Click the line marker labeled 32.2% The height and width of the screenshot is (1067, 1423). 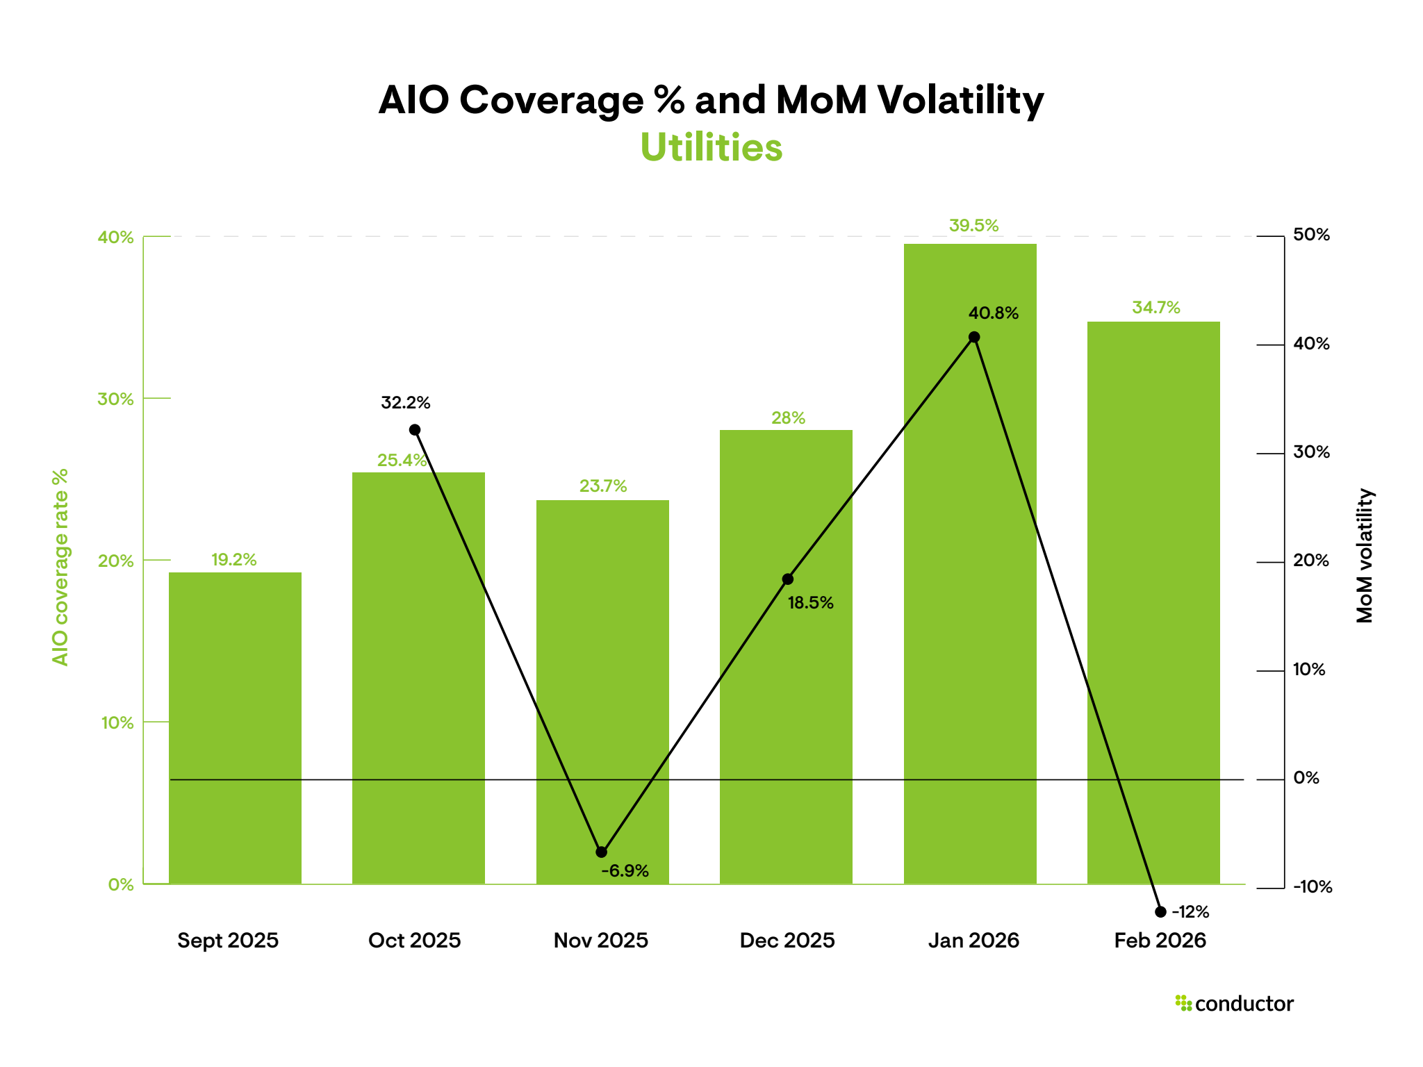(415, 430)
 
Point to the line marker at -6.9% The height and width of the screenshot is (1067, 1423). (602, 852)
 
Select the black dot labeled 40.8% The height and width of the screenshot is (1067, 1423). (974, 338)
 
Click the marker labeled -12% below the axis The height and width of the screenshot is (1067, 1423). (1160, 912)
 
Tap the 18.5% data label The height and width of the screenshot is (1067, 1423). (810, 603)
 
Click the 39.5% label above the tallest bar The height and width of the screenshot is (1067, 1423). (973, 226)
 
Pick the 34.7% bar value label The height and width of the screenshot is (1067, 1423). (1155, 308)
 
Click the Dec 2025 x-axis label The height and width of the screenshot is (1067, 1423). (787, 941)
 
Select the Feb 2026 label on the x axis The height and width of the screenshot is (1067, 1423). (1160, 941)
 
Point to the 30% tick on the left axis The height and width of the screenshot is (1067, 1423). (115, 399)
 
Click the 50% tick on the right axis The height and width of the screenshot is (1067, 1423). (1310, 235)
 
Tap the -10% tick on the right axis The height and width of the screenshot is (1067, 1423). (1312, 887)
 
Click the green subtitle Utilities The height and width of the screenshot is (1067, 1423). (711, 148)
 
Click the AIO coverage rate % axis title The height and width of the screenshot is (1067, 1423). (60, 567)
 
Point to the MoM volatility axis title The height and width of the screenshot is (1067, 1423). (1365, 556)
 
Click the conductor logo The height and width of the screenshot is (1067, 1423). (1234, 1004)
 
